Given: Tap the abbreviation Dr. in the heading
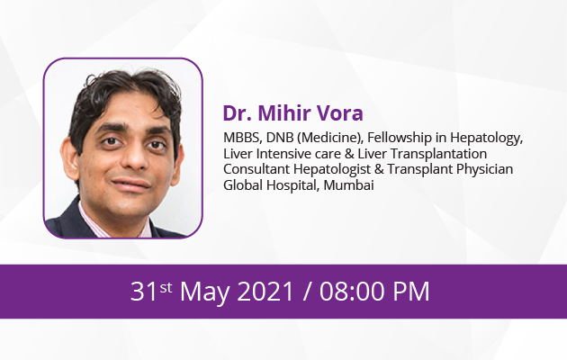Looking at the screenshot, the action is [237, 112].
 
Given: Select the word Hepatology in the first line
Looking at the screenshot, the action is [486, 139].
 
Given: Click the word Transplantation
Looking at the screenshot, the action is [438, 154].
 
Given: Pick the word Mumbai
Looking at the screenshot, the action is [348, 185].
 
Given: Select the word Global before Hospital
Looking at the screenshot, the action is [243, 185].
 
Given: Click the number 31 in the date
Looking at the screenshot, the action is [144, 292].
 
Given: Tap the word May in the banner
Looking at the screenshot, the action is [204, 292].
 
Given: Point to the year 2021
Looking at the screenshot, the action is [265, 292].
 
